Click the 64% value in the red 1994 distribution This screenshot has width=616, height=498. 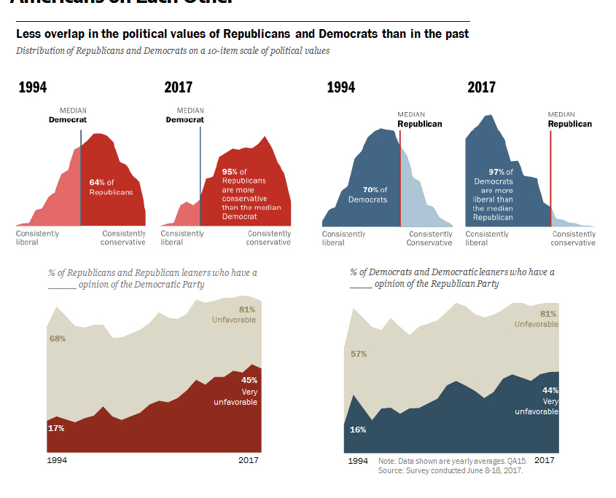pos(96,181)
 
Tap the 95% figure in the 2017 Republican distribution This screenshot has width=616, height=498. pos(230,172)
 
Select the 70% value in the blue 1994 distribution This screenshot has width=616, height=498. pos(370,190)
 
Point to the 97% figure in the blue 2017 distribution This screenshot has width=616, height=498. pos(496,172)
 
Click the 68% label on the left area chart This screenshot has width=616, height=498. pos(58,339)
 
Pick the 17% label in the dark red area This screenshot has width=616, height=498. pos(56,428)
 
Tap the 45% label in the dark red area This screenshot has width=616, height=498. pos(249,380)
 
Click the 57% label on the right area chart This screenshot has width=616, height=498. pos(359,354)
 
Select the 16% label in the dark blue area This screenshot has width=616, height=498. pos(358,430)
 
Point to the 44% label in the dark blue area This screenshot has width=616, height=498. pos(550,391)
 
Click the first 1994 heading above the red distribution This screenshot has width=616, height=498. pos(33,87)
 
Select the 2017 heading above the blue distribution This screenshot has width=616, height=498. pos(481,87)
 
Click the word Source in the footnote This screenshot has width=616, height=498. pos(391,471)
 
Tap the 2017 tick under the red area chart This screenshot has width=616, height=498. pos(248,461)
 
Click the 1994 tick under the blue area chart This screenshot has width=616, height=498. pos(358,461)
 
